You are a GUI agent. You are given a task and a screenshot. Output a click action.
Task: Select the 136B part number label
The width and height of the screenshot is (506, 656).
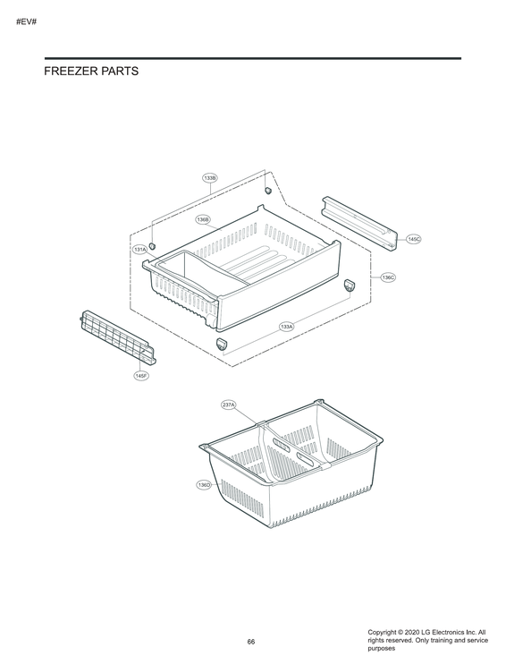[203, 219]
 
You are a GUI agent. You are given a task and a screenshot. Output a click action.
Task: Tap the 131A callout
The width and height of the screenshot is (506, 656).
[140, 250]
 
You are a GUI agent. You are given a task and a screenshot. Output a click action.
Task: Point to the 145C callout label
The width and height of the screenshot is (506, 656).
[413, 240]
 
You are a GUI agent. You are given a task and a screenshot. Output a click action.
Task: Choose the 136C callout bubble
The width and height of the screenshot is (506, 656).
[388, 278]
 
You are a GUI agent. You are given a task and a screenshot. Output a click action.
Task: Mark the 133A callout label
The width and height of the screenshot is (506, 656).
[287, 326]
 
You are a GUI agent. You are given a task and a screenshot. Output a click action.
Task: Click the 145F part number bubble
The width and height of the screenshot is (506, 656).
[141, 377]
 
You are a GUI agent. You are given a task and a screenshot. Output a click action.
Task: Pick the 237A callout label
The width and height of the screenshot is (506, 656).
[229, 405]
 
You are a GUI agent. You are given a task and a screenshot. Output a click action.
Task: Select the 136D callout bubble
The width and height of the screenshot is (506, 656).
[205, 484]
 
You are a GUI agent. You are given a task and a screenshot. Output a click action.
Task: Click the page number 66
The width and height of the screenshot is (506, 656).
[251, 642]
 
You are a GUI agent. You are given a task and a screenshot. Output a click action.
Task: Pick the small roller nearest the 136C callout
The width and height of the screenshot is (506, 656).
[350, 284]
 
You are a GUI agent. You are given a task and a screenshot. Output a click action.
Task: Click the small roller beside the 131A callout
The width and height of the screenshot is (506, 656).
[152, 245]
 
